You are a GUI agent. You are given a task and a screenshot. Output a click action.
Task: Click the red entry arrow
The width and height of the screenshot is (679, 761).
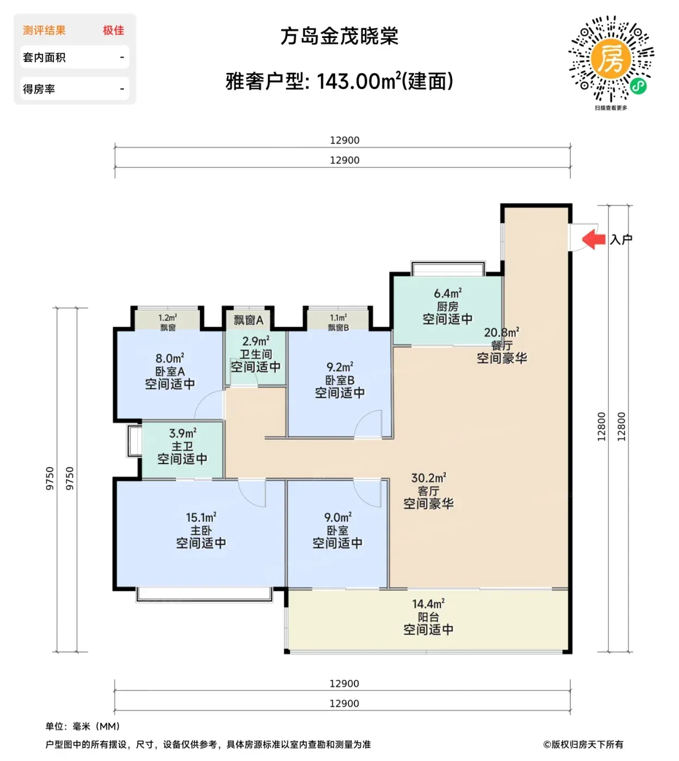(x=594, y=239)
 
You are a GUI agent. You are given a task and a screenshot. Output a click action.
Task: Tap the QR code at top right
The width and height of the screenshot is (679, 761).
(x=611, y=58)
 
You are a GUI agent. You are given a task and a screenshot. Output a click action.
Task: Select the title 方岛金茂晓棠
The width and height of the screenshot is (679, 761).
(x=339, y=36)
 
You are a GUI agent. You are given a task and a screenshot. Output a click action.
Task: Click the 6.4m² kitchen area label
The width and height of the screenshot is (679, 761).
(x=447, y=294)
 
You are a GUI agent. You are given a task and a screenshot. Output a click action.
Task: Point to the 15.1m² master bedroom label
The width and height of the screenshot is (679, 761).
(x=201, y=517)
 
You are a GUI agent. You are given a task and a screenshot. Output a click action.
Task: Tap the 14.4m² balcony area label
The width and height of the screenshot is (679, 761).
(x=428, y=604)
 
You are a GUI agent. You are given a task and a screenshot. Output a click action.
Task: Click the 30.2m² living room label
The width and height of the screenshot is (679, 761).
(x=429, y=478)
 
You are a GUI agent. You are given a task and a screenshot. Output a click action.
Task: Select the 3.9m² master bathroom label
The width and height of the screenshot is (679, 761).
(x=183, y=433)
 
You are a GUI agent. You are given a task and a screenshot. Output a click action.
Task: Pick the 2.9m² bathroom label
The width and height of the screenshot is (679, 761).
(x=256, y=341)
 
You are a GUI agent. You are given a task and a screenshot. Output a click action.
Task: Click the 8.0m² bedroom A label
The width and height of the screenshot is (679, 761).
(x=170, y=358)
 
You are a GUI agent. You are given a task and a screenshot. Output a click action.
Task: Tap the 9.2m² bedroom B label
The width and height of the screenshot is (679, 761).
(x=340, y=367)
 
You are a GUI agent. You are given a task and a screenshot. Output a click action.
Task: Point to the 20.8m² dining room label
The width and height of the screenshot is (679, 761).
(x=502, y=333)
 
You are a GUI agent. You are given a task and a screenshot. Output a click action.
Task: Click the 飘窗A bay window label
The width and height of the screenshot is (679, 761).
(x=248, y=320)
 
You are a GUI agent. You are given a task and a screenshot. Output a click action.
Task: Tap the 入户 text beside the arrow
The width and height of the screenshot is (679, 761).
(x=621, y=239)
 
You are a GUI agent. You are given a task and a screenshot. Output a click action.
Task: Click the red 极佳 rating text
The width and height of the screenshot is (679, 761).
(x=114, y=30)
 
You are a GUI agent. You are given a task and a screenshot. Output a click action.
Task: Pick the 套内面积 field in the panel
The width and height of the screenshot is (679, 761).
(x=45, y=58)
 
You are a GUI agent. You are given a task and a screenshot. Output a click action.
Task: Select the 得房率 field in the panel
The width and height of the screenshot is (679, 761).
(x=39, y=89)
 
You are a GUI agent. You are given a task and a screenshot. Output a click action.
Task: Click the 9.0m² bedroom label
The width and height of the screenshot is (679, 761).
(x=338, y=517)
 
